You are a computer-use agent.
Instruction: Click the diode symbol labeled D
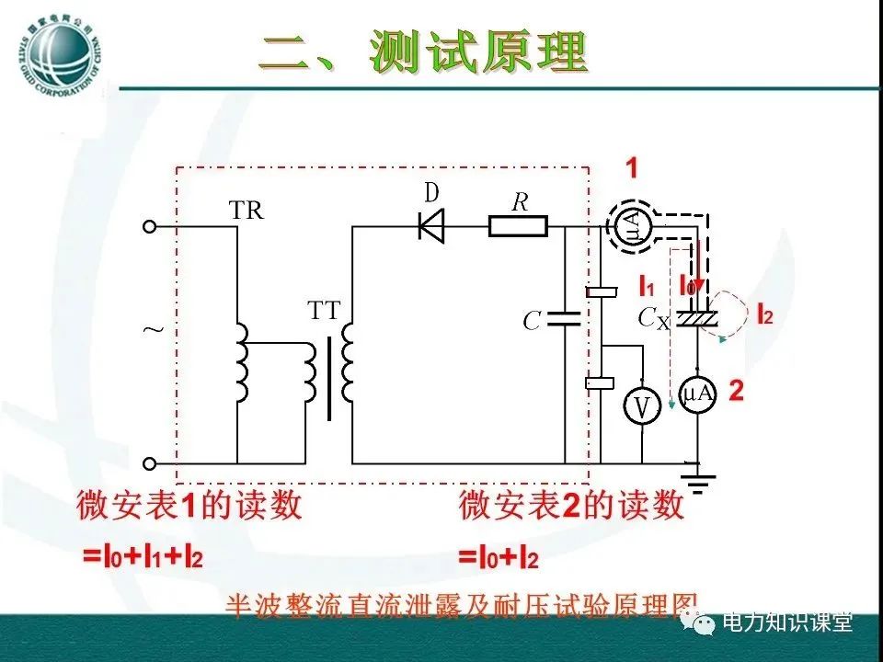(x=430, y=225)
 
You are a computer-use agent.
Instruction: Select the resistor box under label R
(x=518, y=225)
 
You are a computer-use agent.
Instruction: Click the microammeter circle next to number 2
(x=697, y=394)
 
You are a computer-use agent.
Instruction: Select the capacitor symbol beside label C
(x=563, y=319)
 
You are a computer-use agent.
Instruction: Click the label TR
(x=246, y=211)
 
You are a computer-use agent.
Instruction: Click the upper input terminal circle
(x=150, y=225)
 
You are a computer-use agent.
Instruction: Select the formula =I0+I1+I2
(x=143, y=557)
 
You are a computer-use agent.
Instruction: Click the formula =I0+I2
(x=498, y=557)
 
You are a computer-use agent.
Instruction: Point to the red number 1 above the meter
(x=633, y=168)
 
